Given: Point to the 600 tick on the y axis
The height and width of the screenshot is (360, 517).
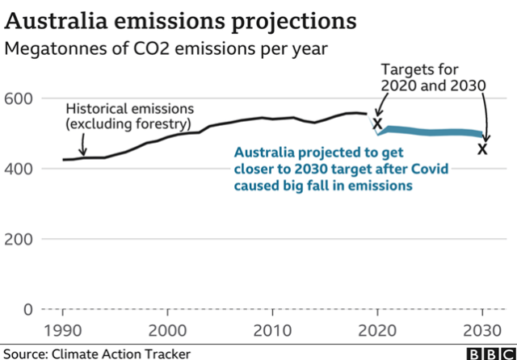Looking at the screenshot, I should point(22,98).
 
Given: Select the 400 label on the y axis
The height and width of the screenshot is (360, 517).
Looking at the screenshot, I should point(22,169).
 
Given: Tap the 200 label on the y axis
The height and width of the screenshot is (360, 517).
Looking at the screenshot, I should point(22,239).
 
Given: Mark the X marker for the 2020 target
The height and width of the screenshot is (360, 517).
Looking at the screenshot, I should point(376,122).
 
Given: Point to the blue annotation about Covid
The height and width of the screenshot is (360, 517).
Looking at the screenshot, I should point(323,169).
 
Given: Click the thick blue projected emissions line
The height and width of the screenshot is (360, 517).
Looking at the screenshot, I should point(436,132).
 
